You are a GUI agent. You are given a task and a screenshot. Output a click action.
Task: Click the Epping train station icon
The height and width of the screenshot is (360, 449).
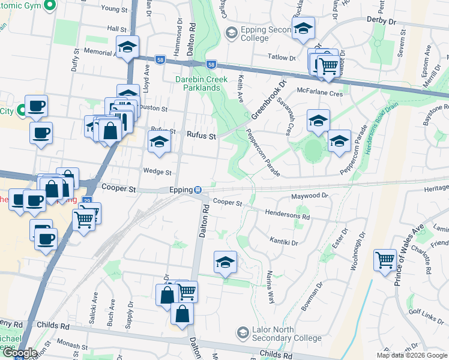tap(197, 190)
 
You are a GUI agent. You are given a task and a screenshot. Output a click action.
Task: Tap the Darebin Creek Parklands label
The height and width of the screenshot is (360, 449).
tap(197, 83)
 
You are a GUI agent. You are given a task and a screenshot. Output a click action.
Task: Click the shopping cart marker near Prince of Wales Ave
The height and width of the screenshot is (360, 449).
tap(384, 260)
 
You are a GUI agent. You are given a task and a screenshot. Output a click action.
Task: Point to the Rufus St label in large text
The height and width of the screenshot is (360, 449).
tap(201, 136)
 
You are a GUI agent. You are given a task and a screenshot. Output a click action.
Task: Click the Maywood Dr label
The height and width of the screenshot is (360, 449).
tap(310, 196)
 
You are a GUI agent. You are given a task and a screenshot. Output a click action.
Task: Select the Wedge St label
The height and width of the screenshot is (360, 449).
tap(157, 171)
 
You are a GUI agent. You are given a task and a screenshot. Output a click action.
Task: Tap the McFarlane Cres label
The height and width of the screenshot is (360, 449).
tap(319, 93)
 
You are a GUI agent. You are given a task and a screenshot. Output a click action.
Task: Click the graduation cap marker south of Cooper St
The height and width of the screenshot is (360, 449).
tap(225, 262)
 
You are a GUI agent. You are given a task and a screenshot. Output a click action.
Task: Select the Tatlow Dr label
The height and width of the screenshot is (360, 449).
tap(282, 58)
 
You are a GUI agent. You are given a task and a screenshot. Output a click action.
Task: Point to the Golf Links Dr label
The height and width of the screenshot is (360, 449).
tap(427, 315)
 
